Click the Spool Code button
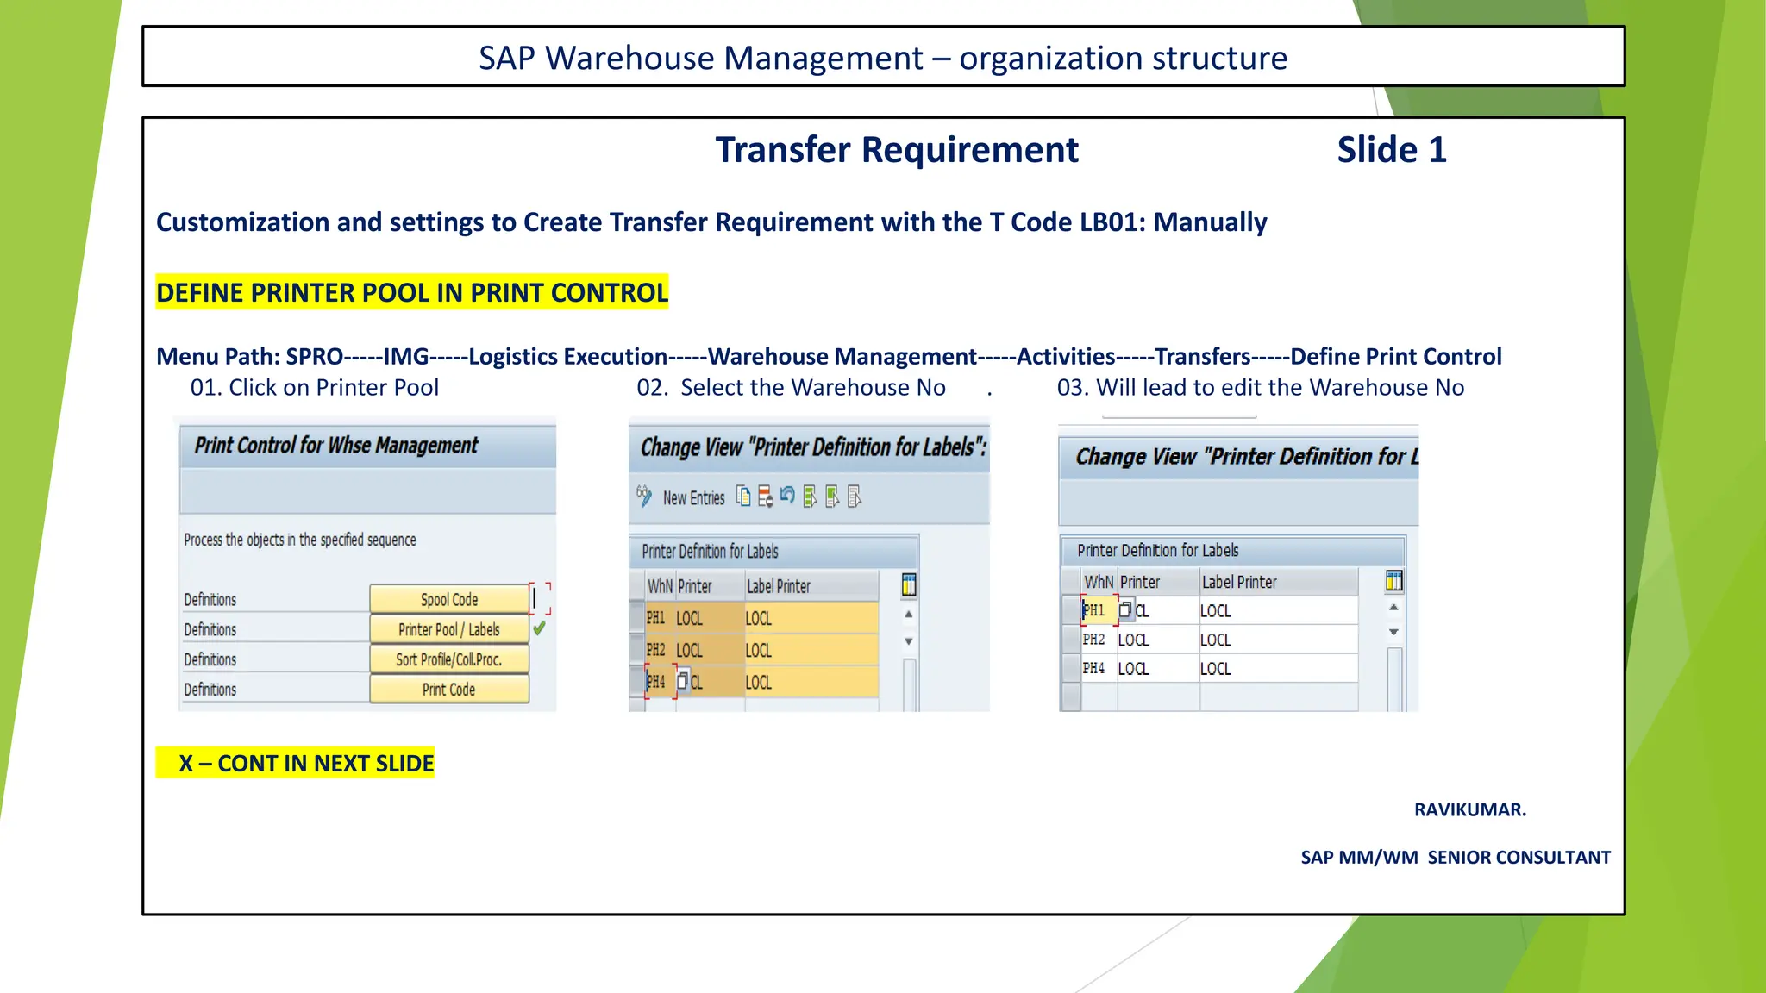click(x=448, y=599)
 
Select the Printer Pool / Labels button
click(x=448, y=629)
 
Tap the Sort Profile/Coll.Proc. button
click(x=448, y=659)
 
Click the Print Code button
click(x=448, y=690)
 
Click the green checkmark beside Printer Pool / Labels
click(x=540, y=628)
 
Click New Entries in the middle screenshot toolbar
click(x=693, y=498)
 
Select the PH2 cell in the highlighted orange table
click(x=656, y=650)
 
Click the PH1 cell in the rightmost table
click(x=1094, y=610)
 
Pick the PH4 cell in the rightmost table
click(x=1094, y=668)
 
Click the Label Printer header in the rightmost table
click(x=1239, y=582)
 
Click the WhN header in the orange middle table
click(x=660, y=586)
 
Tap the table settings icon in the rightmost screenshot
click(x=1393, y=581)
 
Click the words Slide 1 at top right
click(x=1391, y=150)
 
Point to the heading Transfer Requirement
click(x=896, y=150)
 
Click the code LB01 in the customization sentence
click(x=1112, y=222)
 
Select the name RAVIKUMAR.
click(x=1469, y=809)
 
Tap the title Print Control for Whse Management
click(x=335, y=445)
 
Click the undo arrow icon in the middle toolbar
click(x=787, y=496)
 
